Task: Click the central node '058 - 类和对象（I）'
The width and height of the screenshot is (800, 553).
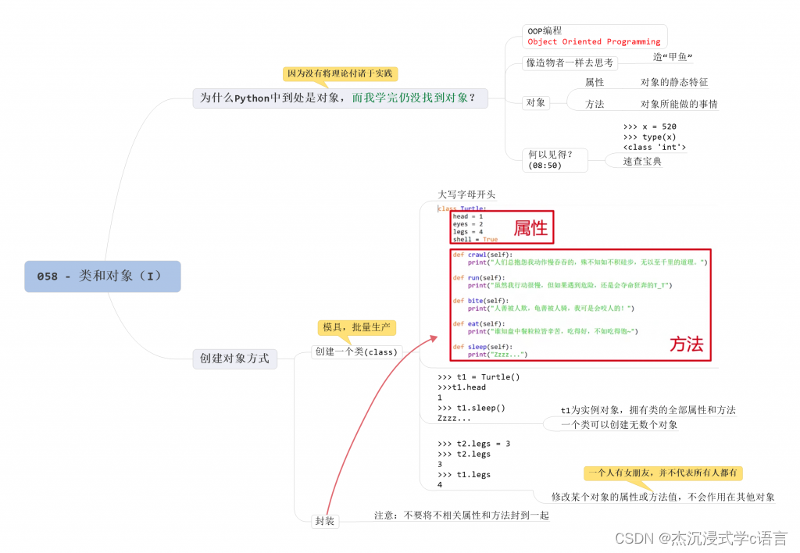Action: click(x=102, y=276)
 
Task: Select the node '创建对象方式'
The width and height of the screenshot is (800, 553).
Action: click(x=234, y=359)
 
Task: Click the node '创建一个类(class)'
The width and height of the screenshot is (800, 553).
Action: click(x=355, y=351)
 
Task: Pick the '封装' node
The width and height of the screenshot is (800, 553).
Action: click(x=325, y=520)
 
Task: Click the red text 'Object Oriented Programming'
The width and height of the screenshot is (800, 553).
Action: click(x=594, y=42)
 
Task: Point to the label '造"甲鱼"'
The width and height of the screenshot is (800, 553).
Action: click(x=673, y=57)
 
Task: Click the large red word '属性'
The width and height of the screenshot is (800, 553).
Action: click(x=531, y=228)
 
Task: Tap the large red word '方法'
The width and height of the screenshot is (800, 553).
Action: click(x=686, y=344)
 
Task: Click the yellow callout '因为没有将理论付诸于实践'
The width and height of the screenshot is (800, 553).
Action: click(x=340, y=73)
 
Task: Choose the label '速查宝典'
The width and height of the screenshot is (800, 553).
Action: click(x=642, y=161)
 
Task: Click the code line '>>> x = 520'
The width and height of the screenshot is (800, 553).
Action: click(x=650, y=127)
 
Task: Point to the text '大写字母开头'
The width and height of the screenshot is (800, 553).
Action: click(x=466, y=194)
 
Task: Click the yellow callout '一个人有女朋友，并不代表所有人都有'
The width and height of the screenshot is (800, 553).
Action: click(x=663, y=473)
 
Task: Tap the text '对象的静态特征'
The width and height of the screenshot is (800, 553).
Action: click(x=673, y=82)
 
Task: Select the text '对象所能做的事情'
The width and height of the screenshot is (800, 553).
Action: click(x=678, y=104)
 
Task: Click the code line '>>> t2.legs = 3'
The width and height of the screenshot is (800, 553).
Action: click(x=473, y=444)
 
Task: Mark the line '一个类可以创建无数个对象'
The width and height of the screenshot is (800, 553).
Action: click(x=619, y=425)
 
